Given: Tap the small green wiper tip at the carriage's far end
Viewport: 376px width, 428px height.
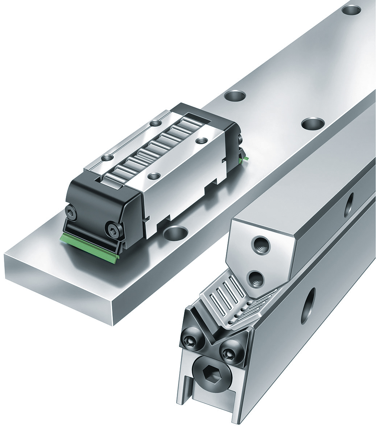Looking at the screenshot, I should tap(247, 158).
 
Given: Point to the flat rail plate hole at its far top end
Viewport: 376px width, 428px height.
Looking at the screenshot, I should tap(351, 10).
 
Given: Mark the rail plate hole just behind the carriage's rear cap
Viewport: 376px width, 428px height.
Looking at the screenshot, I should tap(235, 96).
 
